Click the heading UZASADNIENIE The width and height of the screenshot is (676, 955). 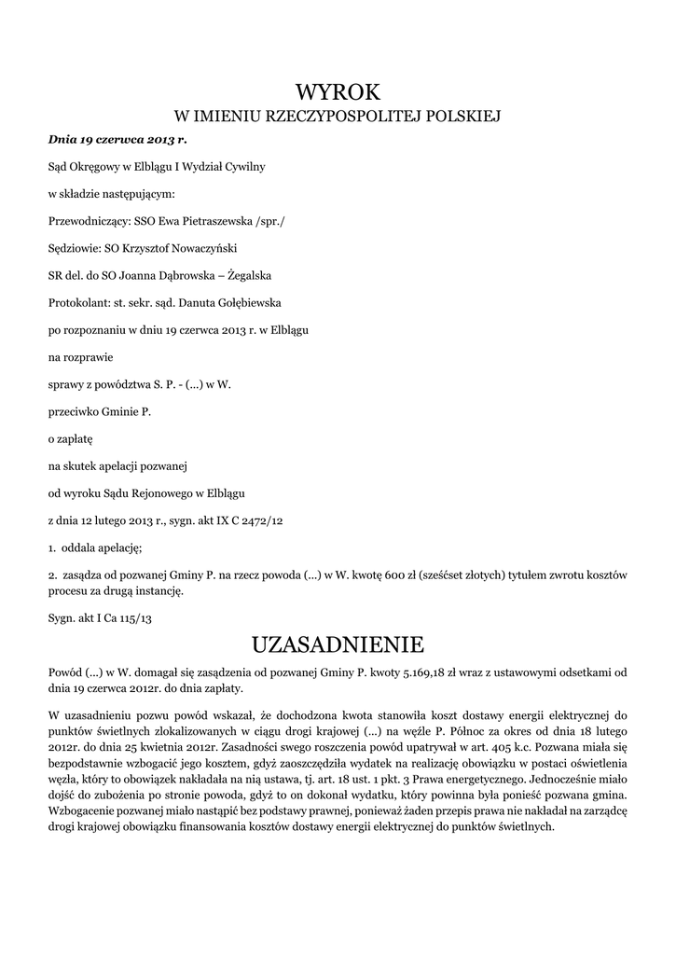click(338, 644)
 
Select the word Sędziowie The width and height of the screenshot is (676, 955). click(74, 249)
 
